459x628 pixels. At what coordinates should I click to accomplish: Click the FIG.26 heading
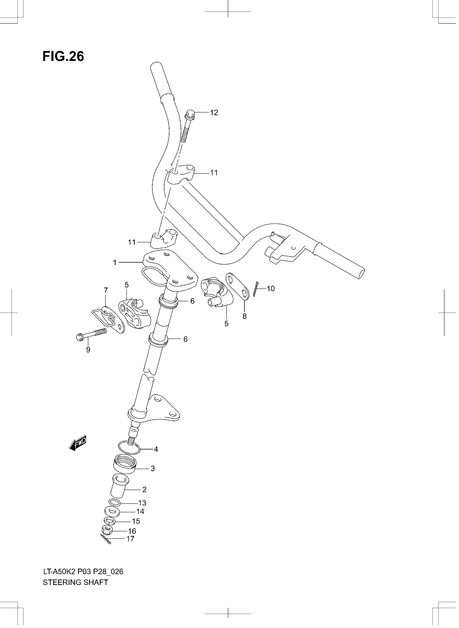pyautogui.click(x=63, y=56)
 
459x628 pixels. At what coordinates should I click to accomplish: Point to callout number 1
pyautogui.click(x=114, y=263)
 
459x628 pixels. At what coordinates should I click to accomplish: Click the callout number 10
pyautogui.click(x=271, y=288)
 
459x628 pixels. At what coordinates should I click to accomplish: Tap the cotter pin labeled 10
pyautogui.click(x=256, y=289)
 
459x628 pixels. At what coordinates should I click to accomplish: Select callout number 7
pyautogui.click(x=106, y=290)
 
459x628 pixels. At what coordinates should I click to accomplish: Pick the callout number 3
pyautogui.click(x=153, y=469)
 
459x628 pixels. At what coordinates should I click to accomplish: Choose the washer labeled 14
pyautogui.click(x=112, y=511)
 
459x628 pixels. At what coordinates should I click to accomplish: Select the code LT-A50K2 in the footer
pyautogui.click(x=59, y=571)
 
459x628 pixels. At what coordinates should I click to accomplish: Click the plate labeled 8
pyautogui.click(x=238, y=286)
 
